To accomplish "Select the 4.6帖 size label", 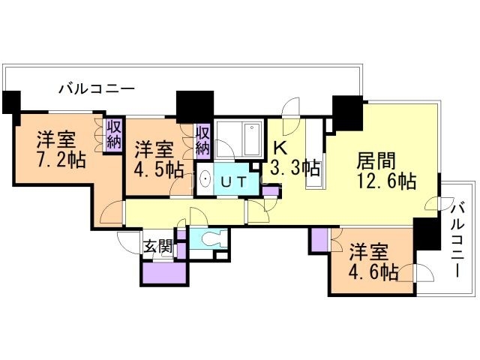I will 373,272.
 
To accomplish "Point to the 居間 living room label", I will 374,160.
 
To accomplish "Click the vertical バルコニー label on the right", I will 459,239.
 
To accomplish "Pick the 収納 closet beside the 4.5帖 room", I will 203,139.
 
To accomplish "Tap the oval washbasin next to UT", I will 204,181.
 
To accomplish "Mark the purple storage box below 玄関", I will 163,271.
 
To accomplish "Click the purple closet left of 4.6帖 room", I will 319,241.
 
